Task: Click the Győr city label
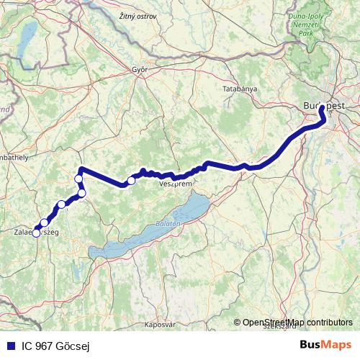coord(139,70)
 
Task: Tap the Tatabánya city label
coord(238,89)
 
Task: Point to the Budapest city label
coord(324,105)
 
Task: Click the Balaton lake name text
coord(166,224)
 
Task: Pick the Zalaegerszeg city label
coord(36,233)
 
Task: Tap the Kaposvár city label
coord(161,325)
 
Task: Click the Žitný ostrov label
coord(138,16)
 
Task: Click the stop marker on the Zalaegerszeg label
coord(36,233)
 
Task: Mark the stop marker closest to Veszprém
coord(131,181)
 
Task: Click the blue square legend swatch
coord(7,346)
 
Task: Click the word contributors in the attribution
coord(328,322)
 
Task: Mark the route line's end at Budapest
coord(321,110)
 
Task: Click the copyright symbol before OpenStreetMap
coord(237,322)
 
